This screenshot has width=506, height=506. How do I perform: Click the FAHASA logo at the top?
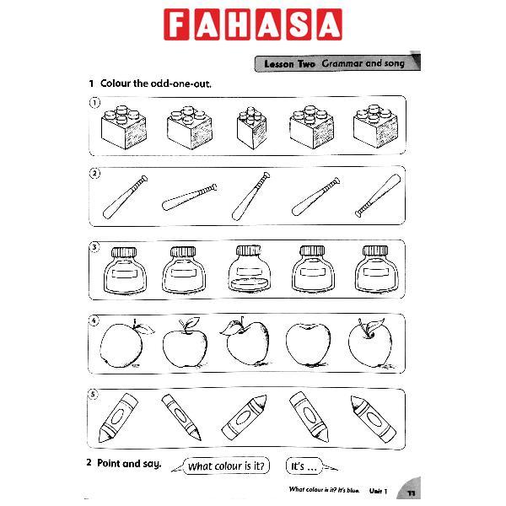[x=253, y=24]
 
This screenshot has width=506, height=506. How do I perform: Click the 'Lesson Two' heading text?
[x=288, y=63]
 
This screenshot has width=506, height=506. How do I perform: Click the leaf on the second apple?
[x=193, y=323]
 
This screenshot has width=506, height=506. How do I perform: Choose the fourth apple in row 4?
[x=306, y=345]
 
